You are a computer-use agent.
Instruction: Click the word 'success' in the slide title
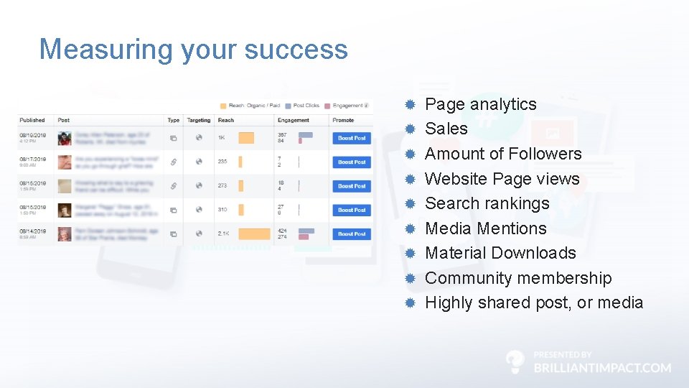coord(296,50)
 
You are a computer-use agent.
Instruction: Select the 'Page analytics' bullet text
coord(480,104)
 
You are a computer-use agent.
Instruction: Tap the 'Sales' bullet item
coord(446,129)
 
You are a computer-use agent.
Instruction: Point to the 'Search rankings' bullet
coord(487,203)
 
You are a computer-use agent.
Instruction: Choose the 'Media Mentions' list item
coord(485,228)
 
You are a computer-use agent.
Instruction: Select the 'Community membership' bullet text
coord(518,278)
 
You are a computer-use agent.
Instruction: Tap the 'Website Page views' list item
coord(502,179)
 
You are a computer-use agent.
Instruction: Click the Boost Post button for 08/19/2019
coord(352,138)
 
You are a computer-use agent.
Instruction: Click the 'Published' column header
coord(32,120)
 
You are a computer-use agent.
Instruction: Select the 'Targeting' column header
coord(198,120)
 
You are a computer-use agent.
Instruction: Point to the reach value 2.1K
coord(224,234)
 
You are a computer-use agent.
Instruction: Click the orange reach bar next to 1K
coord(246,138)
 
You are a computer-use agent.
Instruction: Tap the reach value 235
coord(222,162)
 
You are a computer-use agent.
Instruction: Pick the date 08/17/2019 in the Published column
coord(32,159)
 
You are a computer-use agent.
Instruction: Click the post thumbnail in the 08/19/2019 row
coord(65,138)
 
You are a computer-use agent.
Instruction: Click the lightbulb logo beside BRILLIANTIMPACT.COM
coord(515,362)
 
